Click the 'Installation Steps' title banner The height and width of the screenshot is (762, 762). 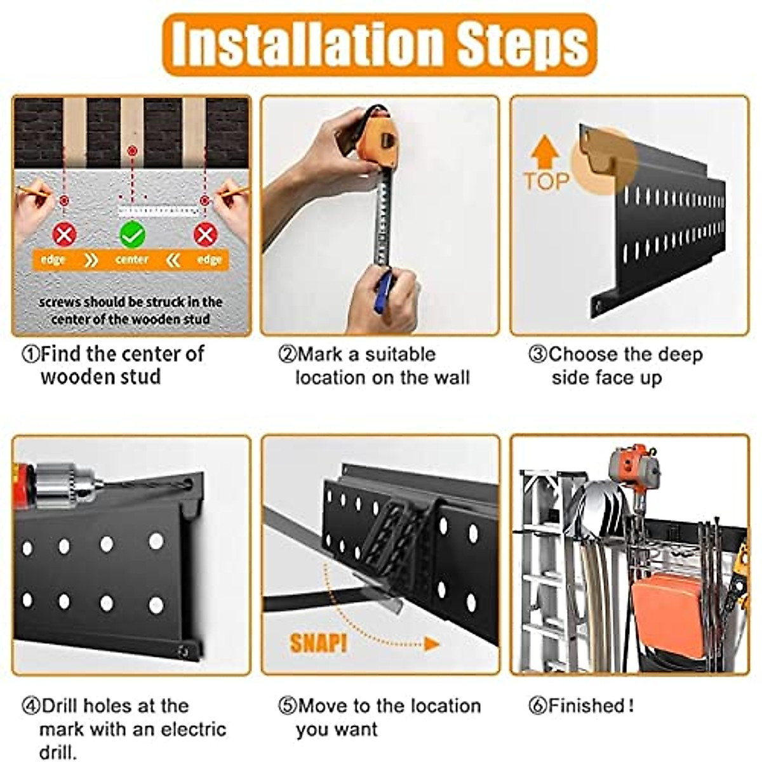[379, 44]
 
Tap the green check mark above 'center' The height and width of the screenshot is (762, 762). [132, 236]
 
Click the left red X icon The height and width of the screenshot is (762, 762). [63, 235]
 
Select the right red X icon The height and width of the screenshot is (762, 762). [205, 235]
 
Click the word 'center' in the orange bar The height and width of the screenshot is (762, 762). [132, 260]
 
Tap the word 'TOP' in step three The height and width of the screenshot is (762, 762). [546, 182]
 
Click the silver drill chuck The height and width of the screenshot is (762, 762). [63, 483]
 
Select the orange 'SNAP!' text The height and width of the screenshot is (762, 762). [319, 643]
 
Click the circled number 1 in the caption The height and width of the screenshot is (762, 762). [30, 354]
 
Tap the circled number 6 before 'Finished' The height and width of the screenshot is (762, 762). [537, 705]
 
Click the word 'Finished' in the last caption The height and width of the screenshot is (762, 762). [587, 705]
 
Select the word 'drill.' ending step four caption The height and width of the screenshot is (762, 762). [58, 752]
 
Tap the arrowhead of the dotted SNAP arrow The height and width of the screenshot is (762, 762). [432, 645]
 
